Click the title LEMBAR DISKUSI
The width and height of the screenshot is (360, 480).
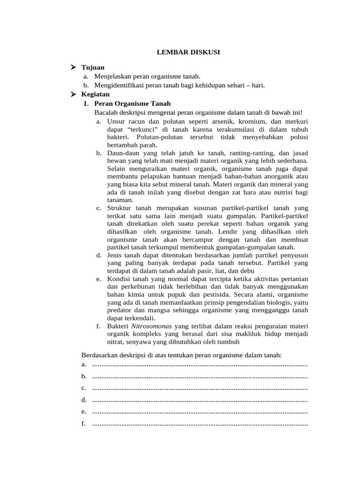(188, 52)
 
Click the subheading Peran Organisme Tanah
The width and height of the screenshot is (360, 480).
(132, 104)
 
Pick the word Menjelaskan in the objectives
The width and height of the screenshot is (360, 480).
(114, 76)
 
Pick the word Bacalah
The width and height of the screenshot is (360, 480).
(106, 112)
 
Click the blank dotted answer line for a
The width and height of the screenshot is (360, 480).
(200, 364)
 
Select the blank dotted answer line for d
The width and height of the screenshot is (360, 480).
(200, 400)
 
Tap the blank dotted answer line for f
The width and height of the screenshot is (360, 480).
(200, 424)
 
